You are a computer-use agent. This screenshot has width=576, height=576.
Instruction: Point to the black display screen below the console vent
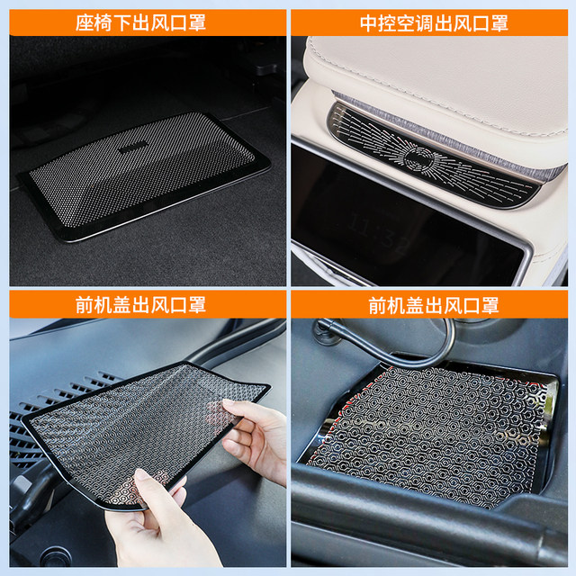(405, 225)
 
